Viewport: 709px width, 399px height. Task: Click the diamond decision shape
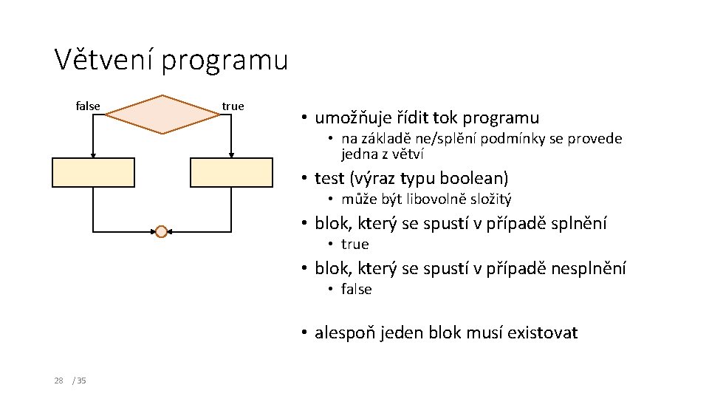162,114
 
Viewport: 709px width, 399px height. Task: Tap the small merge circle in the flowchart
162,231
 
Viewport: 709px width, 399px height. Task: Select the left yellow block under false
93,172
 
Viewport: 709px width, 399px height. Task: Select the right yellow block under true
231,172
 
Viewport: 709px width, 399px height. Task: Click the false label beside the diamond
88,106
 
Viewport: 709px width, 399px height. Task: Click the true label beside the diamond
233,106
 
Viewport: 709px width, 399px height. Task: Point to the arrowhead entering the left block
93,154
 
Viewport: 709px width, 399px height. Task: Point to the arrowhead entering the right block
231,154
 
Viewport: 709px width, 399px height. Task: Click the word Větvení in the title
104,60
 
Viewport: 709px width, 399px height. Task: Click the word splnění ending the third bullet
577,223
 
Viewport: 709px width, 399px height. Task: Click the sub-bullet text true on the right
354,244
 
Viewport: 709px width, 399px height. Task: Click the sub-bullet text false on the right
356,289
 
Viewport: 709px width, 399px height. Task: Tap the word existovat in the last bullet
542,332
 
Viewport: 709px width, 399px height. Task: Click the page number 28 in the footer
58,381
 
